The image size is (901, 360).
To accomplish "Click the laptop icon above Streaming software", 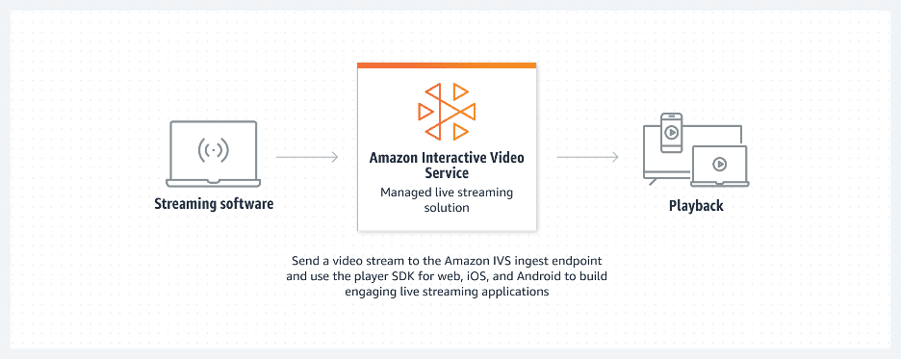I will click(214, 154).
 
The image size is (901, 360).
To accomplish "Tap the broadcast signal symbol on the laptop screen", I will click(214, 150).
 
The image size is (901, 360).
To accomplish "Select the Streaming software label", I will click(214, 204).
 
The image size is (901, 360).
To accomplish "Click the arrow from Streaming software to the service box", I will click(306, 156).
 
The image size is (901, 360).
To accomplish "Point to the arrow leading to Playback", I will click(587, 156).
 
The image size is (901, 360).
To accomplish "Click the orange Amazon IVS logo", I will click(446, 111).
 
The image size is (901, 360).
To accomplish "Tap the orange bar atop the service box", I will click(446, 65).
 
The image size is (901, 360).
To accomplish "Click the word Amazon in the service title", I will click(394, 157).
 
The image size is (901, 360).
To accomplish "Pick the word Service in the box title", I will click(446, 174).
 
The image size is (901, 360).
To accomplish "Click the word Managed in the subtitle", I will click(406, 193).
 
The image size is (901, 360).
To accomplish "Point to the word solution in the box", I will click(446, 208).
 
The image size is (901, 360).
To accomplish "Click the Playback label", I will click(696, 206).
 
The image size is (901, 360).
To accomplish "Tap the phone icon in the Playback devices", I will click(671, 131).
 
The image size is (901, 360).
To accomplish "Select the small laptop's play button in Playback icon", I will click(719, 164).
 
